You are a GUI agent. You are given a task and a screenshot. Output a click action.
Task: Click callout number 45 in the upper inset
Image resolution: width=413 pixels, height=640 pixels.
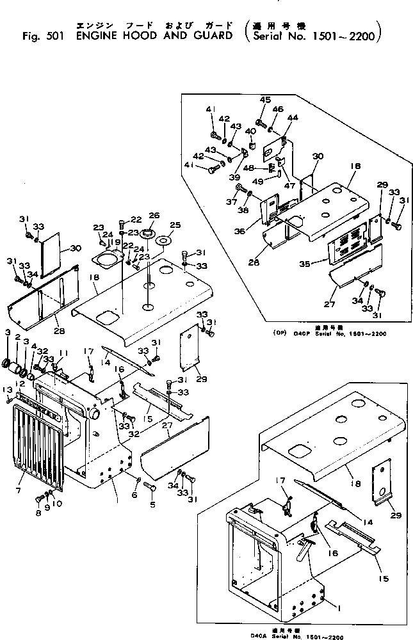pos(265,99)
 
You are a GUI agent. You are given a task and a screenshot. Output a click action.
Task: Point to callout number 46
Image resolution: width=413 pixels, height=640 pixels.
pos(277,110)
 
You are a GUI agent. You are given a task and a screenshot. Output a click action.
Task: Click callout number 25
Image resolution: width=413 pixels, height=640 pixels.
pos(175,225)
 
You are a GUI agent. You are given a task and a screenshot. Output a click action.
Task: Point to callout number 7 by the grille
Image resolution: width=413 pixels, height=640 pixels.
pos(17,491)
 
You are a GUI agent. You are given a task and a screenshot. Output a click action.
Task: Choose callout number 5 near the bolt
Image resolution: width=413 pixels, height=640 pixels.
pos(152,504)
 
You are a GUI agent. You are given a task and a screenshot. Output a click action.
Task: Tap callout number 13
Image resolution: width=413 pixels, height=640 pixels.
pos(7,390)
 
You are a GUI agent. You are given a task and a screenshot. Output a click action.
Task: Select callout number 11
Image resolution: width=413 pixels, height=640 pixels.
pos(63,353)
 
